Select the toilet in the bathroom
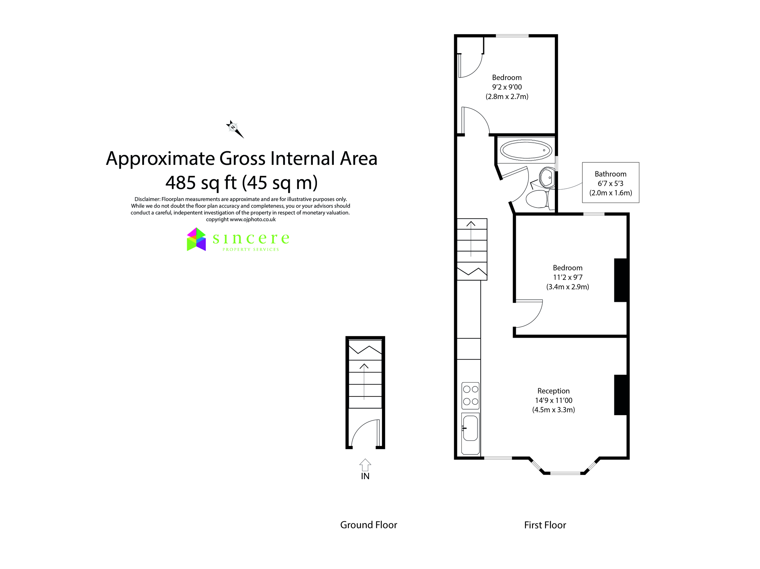click(x=537, y=199)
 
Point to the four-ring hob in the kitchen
click(x=470, y=395)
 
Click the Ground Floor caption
click(x=368, y=525)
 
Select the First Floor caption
click(x=545, y=525)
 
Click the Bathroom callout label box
click(x=610, y=183)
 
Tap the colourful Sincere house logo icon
click(x=196, y=239)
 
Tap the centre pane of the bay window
click(x=565, y=473)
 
